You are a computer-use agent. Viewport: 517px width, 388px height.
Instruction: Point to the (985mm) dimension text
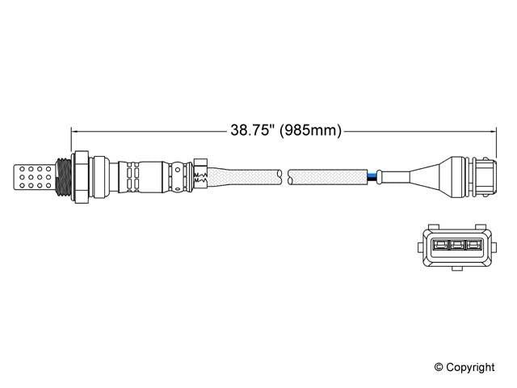310,129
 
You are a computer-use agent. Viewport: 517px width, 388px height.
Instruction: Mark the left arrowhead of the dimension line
76,129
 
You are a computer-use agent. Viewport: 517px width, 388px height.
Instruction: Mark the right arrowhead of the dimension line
492,129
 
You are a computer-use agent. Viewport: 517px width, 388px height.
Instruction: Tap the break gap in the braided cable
284,175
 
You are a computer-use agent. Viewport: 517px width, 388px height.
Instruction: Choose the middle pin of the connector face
457,246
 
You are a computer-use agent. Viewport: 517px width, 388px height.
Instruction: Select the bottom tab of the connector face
457,268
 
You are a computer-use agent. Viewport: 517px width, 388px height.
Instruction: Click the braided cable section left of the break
242,175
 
